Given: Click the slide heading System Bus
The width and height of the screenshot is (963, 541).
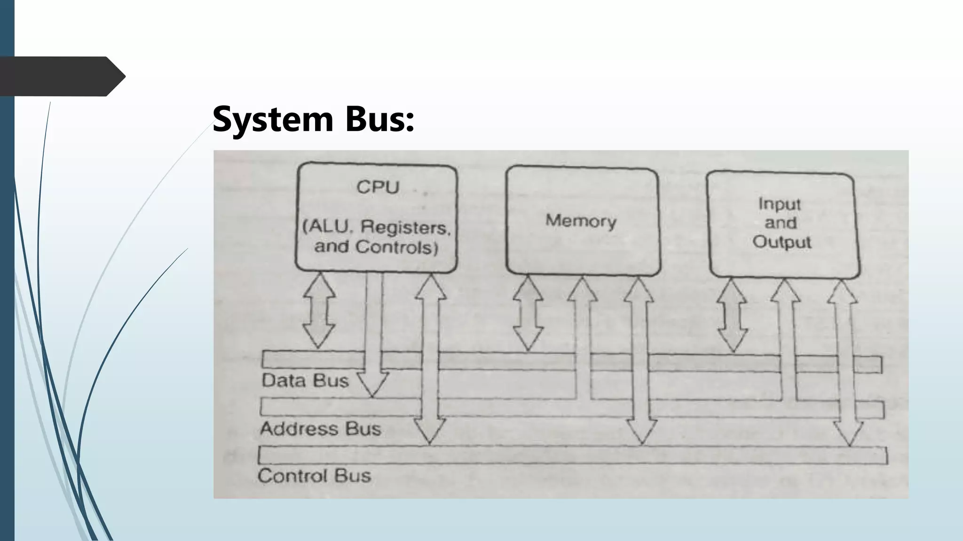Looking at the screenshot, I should tap(313, 119).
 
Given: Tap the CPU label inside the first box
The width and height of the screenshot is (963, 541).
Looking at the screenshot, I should tap(378, 187).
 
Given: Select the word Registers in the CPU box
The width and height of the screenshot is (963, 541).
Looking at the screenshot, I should tap(405, 228).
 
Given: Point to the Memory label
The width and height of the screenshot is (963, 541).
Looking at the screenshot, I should tap(581, 221).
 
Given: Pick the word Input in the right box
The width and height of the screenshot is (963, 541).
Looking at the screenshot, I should tap(779, 204).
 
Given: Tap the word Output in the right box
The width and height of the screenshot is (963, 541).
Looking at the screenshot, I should tap(781, 242).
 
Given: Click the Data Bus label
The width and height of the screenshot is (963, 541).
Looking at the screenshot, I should tap(305, 380).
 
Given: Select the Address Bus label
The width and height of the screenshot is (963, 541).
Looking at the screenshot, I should tap(320, 429).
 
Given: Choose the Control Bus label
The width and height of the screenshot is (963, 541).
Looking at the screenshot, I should tap(314, 476).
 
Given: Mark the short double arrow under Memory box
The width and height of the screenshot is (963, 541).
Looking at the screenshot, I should tap(528, 312).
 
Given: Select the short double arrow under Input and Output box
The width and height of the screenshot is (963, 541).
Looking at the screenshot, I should tap(733, 315).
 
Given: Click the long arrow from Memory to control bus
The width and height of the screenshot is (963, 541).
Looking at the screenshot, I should tap(639, 362).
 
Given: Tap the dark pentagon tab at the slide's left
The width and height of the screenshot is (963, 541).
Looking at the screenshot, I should tap(61, 77).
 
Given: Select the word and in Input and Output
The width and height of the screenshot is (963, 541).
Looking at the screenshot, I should tap(781, 223).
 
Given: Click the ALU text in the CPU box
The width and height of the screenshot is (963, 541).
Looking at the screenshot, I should tap(328, 227).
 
